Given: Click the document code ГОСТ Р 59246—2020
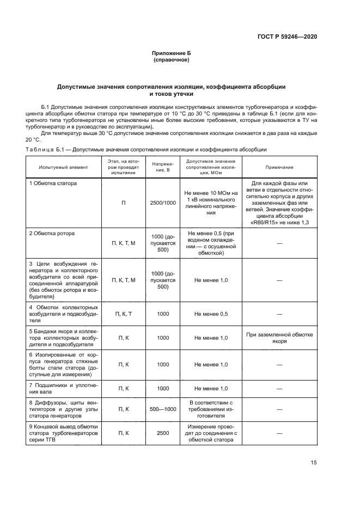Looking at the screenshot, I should (287, 36).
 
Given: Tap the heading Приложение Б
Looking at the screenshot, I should (172, 53).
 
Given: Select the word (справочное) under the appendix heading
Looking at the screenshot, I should (172, 60).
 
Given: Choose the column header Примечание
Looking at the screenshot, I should (279, 167).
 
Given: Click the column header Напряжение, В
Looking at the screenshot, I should (163, 167).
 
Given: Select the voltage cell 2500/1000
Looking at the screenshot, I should (163, 203).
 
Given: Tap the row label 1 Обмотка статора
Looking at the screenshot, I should (53, 183).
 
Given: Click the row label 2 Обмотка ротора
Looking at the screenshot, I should (52, 233).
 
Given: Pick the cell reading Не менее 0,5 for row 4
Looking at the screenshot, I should (211, 314).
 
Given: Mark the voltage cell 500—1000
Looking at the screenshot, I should (163, 408).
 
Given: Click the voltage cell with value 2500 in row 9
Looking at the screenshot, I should (163, 433).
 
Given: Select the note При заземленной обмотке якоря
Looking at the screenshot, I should (279, 338).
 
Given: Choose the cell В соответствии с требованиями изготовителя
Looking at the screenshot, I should (211, 408).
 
